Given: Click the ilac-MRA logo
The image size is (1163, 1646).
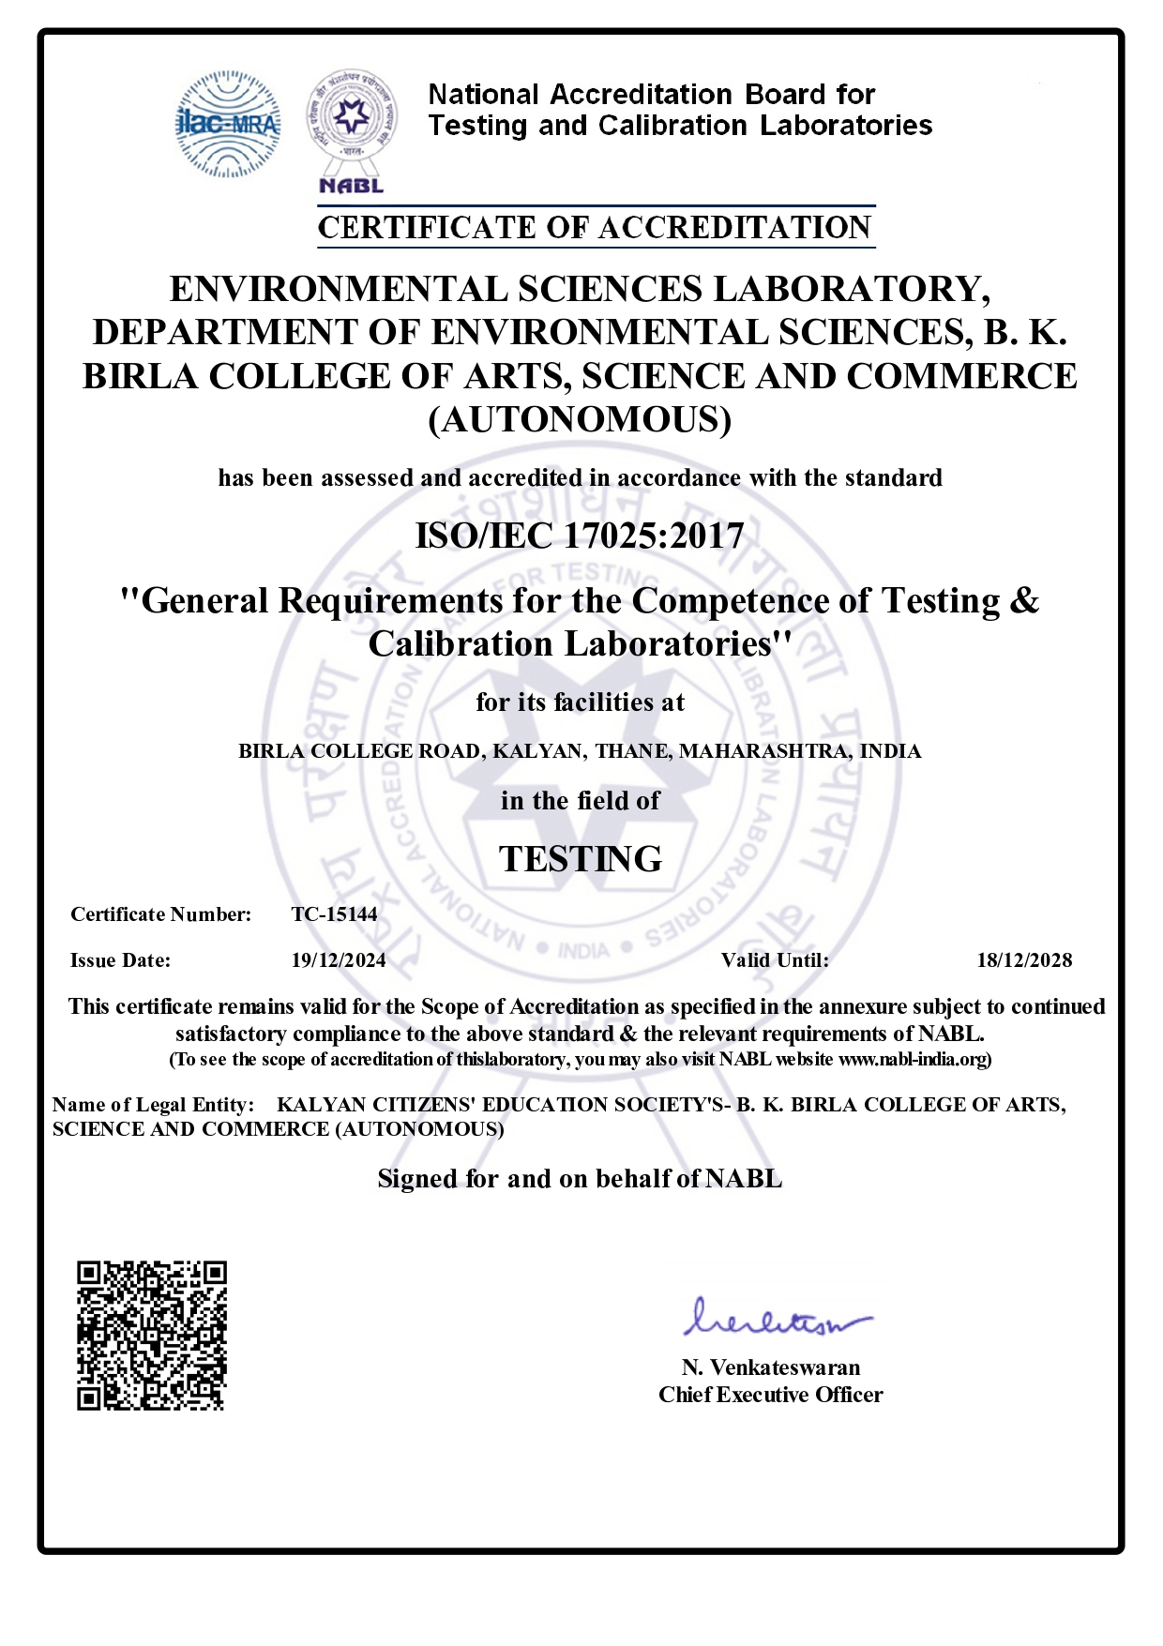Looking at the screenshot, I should coord(228,124).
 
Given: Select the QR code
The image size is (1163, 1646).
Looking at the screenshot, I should coord(152,1336).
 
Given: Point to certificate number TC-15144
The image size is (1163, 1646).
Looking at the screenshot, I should coord(335,914).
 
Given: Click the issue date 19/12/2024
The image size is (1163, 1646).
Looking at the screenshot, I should coord(339,960).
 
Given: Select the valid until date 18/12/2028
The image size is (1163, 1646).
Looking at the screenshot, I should coord(1024,960).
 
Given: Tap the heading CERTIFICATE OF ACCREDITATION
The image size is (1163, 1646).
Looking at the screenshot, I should coord(596,227).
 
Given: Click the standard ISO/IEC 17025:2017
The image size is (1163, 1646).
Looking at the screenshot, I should coord(580,536).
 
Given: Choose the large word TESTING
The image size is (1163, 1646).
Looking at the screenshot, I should coord(581,858).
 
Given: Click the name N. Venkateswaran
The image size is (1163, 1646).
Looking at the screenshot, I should coord(771,1367).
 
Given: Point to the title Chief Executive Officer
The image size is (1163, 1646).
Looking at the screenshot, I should coord(771,1395).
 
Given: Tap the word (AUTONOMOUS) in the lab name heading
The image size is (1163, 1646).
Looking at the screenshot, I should coord(580,419).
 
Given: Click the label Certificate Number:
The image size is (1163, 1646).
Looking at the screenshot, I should coord(161,914).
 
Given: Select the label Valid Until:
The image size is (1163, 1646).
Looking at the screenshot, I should coord(775,960).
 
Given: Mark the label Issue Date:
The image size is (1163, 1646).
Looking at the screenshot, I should coord(121,960).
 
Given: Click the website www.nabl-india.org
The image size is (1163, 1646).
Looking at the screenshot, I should coord(912,1060).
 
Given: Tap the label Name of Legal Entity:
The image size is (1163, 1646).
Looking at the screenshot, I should coord(154,1105).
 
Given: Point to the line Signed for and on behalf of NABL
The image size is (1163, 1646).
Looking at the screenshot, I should coord(580,1179).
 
